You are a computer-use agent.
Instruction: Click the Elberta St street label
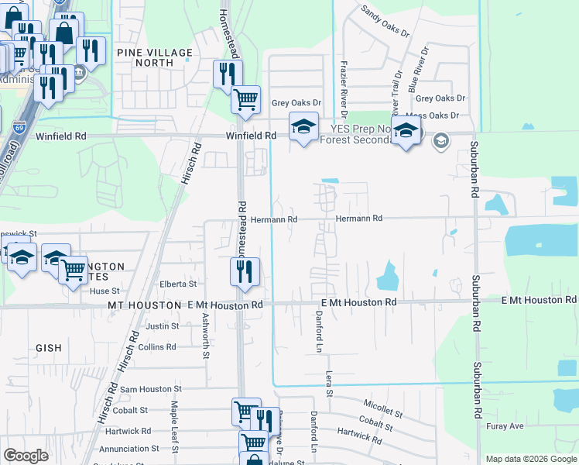(178, 284)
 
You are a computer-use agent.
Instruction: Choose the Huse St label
(104, 291)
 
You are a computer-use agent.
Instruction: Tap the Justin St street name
(163, 326)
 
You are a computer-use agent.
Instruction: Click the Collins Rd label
(157, 347)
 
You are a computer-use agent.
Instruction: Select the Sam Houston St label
(150, 389)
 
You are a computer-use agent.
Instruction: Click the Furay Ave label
(505, 426)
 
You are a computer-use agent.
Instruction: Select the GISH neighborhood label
(48, 349)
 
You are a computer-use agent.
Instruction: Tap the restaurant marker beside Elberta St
(245, 272)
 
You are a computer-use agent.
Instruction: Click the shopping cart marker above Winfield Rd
(245, 99)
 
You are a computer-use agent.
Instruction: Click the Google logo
(26, 456)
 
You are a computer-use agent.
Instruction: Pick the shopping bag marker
(63, 33)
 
